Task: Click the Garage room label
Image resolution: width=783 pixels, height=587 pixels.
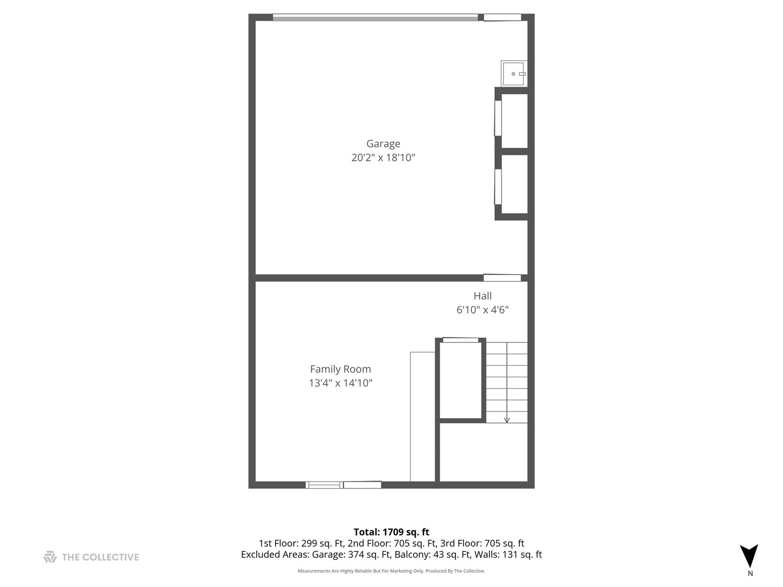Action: click(383, 143)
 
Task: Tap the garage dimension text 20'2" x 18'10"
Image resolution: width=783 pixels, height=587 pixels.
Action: click(383, 158)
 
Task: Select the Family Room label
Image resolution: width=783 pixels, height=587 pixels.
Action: click(340, 369)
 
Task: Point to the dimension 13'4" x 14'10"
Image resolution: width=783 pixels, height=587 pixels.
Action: click(340, 383)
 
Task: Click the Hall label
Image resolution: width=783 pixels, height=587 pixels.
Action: click(482, 296)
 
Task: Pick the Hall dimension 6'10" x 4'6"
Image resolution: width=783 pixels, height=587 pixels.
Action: click(482, 310)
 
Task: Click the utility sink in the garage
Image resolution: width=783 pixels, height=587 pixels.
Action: click(513, 73)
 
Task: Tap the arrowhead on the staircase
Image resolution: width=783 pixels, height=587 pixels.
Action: click(507, 420)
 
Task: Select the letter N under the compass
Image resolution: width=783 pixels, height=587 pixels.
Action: click(750, 573)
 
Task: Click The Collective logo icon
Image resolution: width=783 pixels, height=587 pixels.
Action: click(50, 557)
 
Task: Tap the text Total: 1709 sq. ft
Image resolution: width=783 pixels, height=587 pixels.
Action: click(391, 532)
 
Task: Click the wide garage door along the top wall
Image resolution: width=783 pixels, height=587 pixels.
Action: click(375, 17)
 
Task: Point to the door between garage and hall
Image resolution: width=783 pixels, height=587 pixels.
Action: click(502, 278)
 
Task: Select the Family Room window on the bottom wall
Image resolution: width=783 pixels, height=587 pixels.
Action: click(343, 484)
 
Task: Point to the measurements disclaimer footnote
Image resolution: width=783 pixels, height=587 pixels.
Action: click(391, 571)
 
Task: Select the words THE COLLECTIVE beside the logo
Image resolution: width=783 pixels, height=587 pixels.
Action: click(101, 557)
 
